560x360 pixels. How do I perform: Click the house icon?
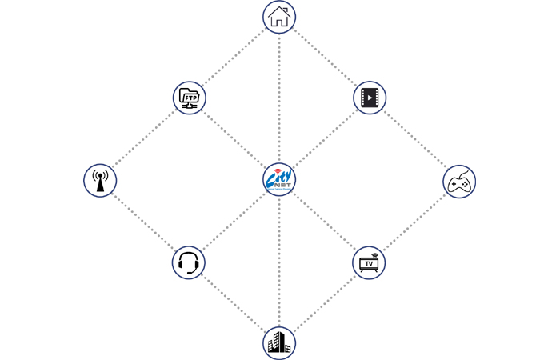(279, 17)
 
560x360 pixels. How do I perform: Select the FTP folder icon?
(190, 98)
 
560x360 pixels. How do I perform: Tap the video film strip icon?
(370, 98)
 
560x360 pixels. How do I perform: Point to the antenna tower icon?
(100, 181)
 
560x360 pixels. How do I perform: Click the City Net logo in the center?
(279, 179)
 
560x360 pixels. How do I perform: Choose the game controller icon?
(459, 182)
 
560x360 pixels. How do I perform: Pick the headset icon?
(189, 262)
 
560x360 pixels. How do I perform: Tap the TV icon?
(369, 262)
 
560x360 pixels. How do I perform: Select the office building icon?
(279, 344)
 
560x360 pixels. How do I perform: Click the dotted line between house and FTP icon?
(234, 58)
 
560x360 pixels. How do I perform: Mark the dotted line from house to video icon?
(324, 58)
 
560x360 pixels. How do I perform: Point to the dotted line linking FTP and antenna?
(145, 139)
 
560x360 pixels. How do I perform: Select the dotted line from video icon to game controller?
(414, 140)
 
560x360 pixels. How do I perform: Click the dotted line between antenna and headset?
(144, 222)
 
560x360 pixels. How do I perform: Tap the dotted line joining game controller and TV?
(414, 222)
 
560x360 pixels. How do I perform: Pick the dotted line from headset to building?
(234, 303)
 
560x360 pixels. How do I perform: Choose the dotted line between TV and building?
(324, 303)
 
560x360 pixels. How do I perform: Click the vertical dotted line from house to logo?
(279, 96)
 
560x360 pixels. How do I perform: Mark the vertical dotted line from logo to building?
(279, 264)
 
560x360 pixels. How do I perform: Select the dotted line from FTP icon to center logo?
(234, 139)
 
